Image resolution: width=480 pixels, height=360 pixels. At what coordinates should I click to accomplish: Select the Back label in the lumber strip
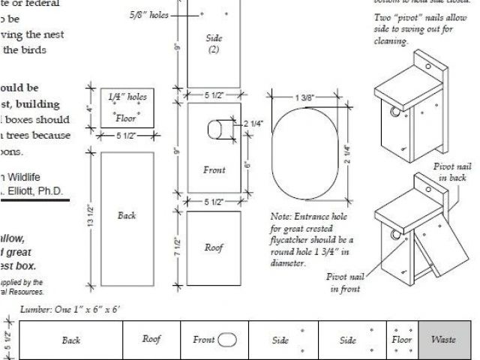pos(71,340)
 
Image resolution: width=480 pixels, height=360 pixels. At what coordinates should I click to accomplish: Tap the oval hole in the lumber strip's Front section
pos(226,340)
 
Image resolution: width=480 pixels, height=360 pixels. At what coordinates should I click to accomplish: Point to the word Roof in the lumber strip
pos(151,339)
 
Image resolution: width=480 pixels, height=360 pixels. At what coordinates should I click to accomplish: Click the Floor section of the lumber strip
pos(402,340)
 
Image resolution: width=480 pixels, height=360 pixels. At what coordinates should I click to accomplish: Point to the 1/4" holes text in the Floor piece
pos(127,97)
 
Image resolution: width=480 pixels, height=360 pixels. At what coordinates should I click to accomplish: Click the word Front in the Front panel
pos(214,170)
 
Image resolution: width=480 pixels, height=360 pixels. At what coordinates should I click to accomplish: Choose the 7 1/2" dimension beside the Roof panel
pos(178,247)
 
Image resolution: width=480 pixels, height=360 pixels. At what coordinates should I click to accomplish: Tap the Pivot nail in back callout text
pos(452,172)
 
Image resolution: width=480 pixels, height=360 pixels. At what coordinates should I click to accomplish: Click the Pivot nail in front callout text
pos(345,282)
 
